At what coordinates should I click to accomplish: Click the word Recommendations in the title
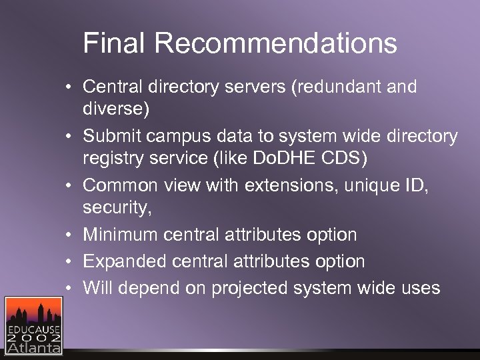276,44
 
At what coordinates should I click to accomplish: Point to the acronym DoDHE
295,159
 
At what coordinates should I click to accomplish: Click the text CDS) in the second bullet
346,159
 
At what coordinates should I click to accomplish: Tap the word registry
111,159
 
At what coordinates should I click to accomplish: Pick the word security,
117,208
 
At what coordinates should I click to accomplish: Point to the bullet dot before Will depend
69,288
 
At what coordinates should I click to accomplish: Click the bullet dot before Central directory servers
69,87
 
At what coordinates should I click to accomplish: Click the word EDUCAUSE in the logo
34,330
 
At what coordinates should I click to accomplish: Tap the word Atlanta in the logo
34,348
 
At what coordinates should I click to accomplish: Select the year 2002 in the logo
34,339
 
